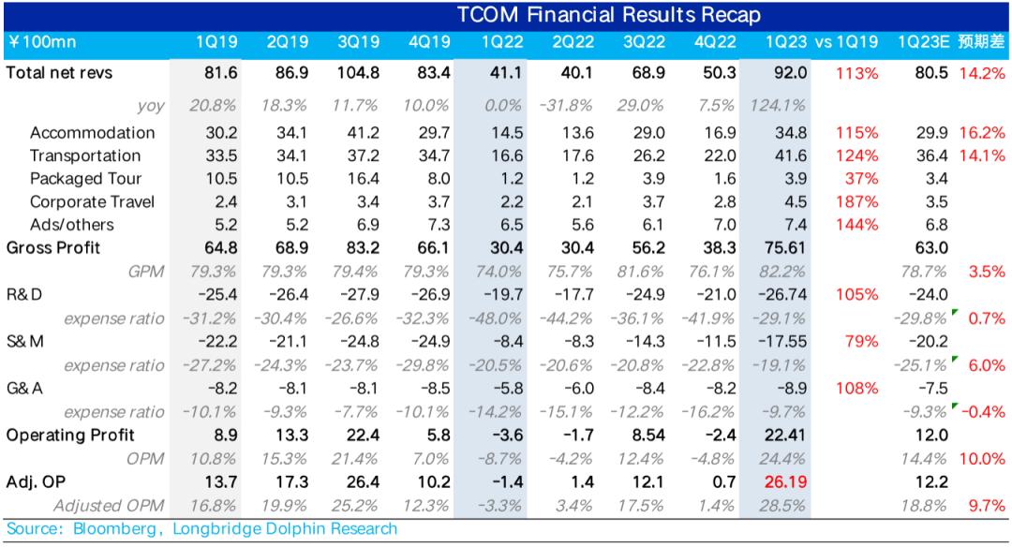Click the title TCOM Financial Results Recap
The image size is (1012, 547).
[x=609, y=15]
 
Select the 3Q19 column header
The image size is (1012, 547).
[x=358, y=42]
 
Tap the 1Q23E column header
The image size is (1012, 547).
[x=924, y=42]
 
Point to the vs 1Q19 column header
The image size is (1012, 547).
[x=846, y=42]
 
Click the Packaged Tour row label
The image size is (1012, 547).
[x=85, y=179]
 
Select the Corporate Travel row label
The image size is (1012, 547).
[x=92, y=202]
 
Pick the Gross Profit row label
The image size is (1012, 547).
[x=52, y=248]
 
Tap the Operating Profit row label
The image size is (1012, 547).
[x=69, y=436]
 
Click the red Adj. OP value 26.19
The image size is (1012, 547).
[x=785, y=482]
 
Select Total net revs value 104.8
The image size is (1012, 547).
[x=358, y=73]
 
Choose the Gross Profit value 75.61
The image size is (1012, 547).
[x=785, y=248]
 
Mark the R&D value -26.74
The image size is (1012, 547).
[x=782, y=295]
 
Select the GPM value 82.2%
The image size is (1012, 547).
[x=782, y=272]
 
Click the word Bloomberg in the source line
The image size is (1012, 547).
[x=114, y=529]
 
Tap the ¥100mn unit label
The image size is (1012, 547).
[x=42, y=42]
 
